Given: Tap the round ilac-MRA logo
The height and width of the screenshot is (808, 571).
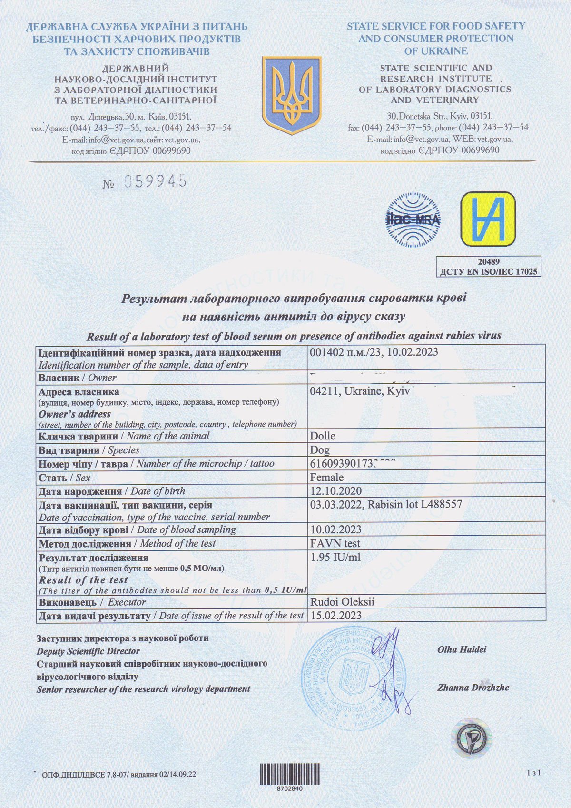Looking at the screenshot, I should [413, 219].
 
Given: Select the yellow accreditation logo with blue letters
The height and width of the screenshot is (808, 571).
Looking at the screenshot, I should [488, 219].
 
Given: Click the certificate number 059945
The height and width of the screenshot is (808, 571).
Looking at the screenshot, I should [155, 181].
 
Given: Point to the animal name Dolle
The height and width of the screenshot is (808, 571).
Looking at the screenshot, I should [323, 436].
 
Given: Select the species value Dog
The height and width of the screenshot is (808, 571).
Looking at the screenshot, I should [320, 450].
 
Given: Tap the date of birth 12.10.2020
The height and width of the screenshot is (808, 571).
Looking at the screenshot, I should [336, 491].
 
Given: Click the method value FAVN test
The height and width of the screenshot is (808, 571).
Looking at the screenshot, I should [335, 543].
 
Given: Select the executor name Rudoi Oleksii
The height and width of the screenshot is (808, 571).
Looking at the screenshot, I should [342, 602].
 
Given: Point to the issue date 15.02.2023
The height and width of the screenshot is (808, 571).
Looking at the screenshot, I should [336, 615].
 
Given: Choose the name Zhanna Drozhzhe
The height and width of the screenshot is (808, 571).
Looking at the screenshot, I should [473, 687].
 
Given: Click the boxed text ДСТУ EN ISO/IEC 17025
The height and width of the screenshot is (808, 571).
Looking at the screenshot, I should [488, 271].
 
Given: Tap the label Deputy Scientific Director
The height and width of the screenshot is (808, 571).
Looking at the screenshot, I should [88, 651].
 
